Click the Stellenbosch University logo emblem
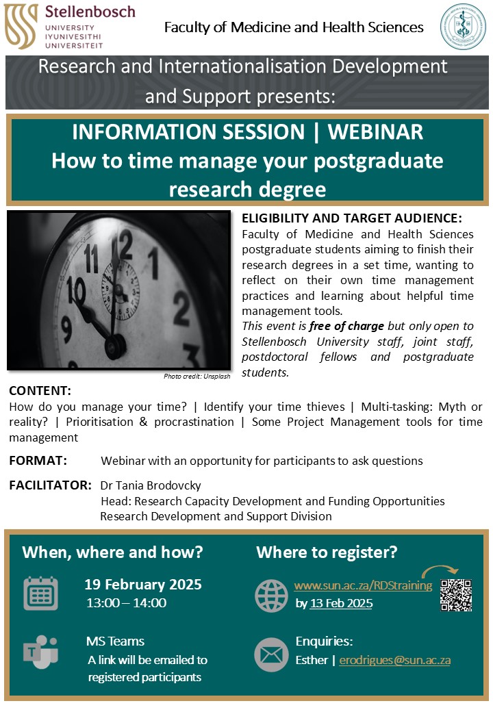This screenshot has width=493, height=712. click(21, 26)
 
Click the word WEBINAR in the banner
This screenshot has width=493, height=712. click(375, 132)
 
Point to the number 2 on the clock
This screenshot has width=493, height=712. click(181, 309)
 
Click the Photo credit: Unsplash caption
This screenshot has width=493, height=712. click(197, 376)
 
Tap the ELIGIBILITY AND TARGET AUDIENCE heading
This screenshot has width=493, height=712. click(352, 218)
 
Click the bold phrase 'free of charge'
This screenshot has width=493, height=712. click(347, 326)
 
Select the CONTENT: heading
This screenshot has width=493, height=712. click(40, 390)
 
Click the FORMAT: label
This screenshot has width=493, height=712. click(38, 461)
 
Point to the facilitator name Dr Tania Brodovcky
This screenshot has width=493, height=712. click(151, 485)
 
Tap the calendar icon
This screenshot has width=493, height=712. click(41, 593)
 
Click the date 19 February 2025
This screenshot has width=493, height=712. click(143, 585)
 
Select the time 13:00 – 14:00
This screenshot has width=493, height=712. click(127, 603)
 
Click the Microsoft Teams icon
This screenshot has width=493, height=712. click(40, 652)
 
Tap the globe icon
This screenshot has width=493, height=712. click(271, 596)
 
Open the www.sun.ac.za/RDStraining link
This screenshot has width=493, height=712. click(363, 586)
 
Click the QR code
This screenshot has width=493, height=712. click(456, 596)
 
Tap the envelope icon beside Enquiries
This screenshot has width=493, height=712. click(271, 654)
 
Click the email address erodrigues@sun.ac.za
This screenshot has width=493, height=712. click(395, 660)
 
